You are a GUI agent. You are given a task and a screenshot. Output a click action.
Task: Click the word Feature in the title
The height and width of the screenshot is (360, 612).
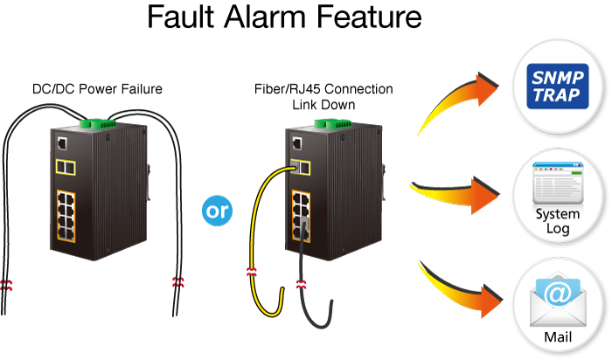pyautogui.click(x=367, y=19)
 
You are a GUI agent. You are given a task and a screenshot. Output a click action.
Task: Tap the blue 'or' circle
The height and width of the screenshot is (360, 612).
pyautogui.click(x=216, y=211)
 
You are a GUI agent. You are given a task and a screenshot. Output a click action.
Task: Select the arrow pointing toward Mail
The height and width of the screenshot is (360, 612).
pyautogui.click(x=459, y=284)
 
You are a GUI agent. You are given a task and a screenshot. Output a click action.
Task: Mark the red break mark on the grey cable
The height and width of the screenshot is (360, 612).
pyautogui.click(x=303, y=284)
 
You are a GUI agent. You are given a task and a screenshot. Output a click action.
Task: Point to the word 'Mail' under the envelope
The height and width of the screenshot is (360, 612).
pyautogui.click(x=556, y=335)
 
